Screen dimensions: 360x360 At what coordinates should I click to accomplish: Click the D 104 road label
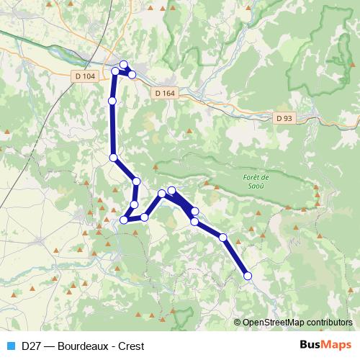[x=84, y=75]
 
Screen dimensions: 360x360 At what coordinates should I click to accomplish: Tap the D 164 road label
[x=164, y=93]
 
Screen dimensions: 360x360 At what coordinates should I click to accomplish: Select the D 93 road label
[x=284, y=118]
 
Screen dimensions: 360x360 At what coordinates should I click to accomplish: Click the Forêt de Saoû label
[x=256, y=182]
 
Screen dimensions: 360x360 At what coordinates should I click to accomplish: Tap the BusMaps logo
[x=325, y=345]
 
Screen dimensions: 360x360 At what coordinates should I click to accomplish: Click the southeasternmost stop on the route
[x=248, y=275]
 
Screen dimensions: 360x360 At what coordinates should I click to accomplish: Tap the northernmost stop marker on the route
[x=124, y=64]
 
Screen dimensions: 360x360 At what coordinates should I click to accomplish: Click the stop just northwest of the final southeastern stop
[x=223, y=237]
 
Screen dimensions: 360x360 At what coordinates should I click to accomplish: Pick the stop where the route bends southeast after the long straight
[x=113, y=157]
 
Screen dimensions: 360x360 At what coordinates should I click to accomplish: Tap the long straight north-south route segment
[x=112, y=130]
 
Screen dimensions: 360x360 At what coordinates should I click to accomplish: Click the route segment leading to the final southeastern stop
[x=235, y=256]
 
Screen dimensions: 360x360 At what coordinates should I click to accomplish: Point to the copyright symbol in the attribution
[x=238, y=323]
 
